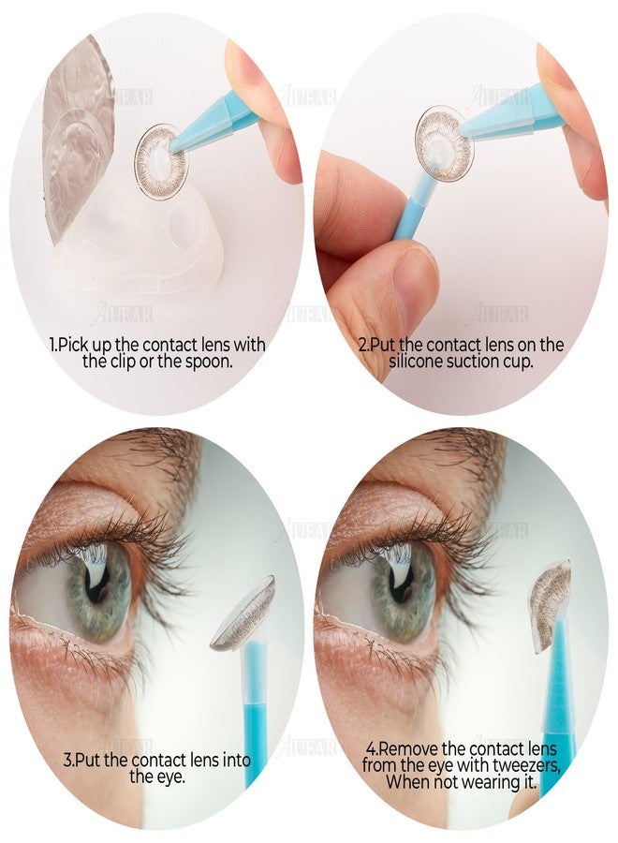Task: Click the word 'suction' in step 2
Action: click(x=467, y=362)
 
